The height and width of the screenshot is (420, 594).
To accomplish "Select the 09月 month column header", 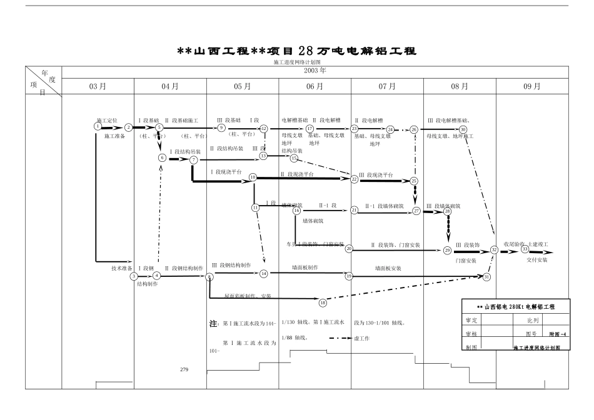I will click(x=531, y=86).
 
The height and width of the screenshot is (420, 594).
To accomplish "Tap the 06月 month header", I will click(x=315, y=86).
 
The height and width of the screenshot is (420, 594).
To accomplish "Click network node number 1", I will click(x=98, y=126).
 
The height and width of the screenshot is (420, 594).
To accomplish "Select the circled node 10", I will click(x=253, y=177).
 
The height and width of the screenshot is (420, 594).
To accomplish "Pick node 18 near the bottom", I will click(x=323, y=302).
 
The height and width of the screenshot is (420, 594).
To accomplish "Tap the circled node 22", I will click(x=354, y=179).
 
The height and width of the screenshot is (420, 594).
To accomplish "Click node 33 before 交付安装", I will click(x=525, y=249).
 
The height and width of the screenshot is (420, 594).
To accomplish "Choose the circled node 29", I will click(x=447, y=250).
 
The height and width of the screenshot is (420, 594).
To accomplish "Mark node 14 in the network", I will click(x=264, y=273).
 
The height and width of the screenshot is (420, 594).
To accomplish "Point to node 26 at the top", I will click(x=414, y=129).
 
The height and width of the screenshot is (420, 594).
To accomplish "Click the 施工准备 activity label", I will click(x=114, y=136).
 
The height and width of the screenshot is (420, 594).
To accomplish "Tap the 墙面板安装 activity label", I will click(x=388, y=267).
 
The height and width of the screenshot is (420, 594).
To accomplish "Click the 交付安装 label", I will click(x=536, y=259).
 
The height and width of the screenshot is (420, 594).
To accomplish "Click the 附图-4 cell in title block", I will click(x=558, y=334).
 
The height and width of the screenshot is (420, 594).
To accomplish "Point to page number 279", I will click(x=184, y=370).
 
